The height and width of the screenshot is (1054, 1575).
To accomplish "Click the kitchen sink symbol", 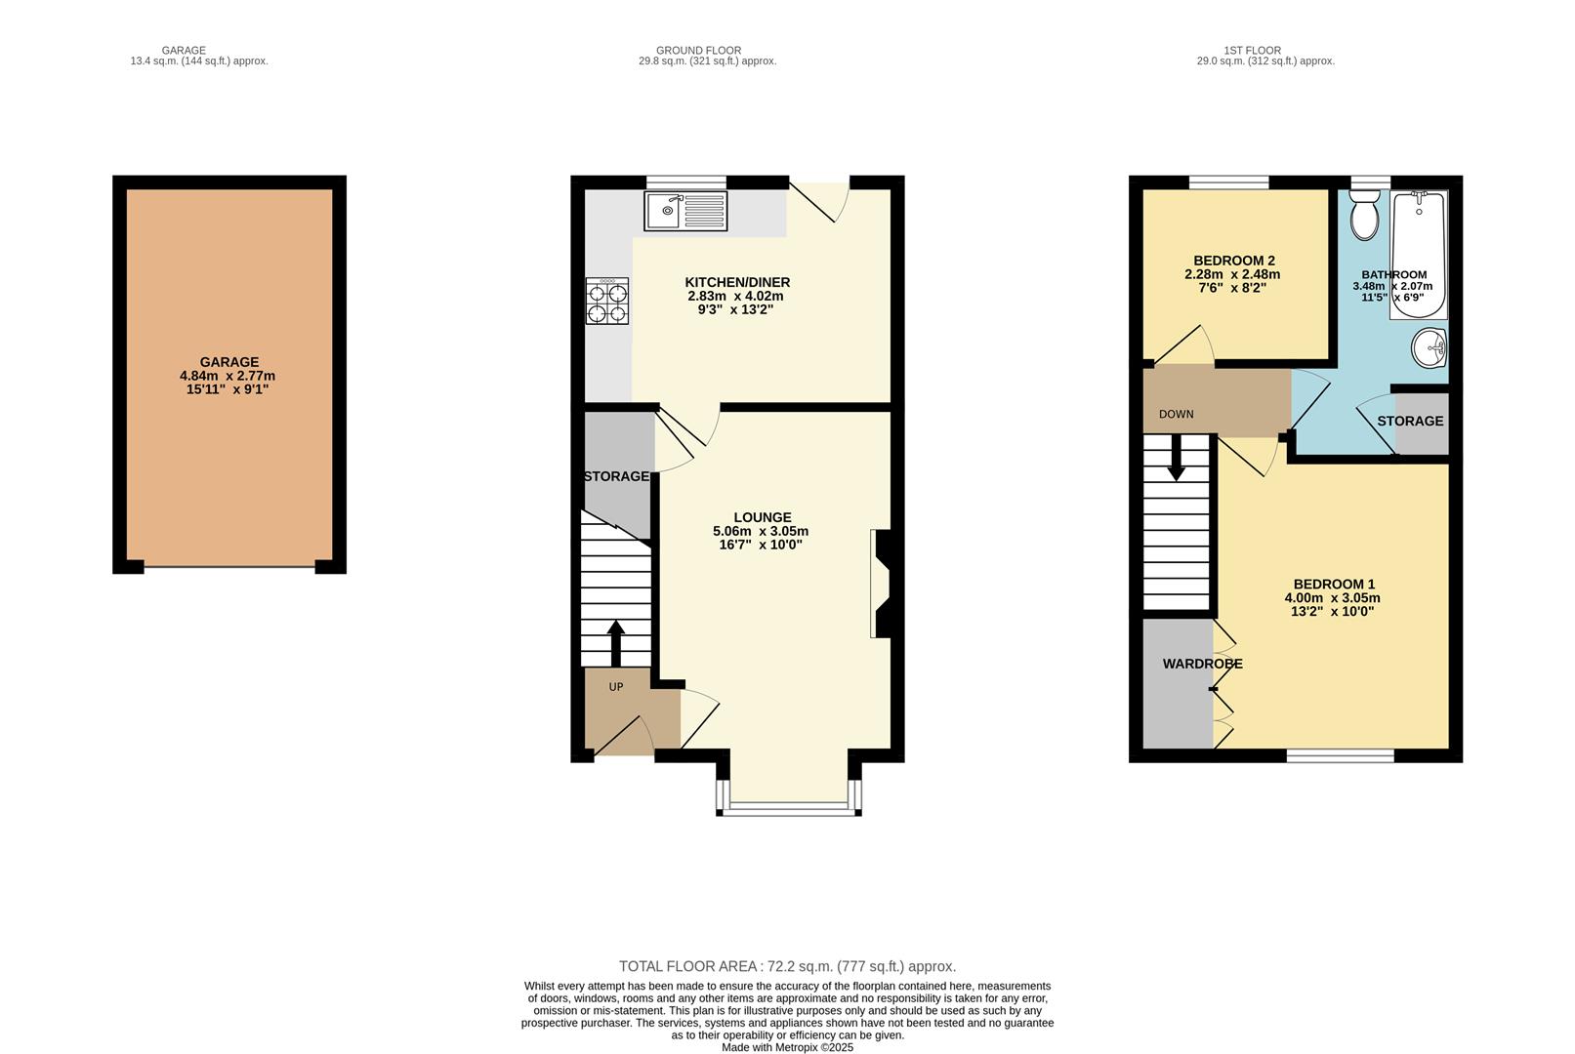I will pyautogui.click(x=685, y=211).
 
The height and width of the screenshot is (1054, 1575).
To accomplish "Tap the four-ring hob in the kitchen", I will pyautogui.click(x=606, y=301).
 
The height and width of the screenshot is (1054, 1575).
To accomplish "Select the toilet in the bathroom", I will pyautogui.click(x=1364, y=215).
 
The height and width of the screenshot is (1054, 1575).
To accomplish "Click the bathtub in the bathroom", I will pyautogui.click(x=1419, y=256).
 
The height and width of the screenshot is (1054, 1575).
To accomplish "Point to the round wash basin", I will pyautogui.click(x=1430, y=348).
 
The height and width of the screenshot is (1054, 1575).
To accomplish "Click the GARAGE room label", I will pyautogui.click(x=229, y=362).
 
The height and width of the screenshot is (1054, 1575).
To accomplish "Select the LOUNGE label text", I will pyautogui.click(x=763, y=517).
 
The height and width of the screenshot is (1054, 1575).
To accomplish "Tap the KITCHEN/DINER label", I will pyautogui.click(x=737, y=282).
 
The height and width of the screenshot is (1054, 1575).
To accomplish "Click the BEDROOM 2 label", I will pyautogui.click(x=1234, y=261).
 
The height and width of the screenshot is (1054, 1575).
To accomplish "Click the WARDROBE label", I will pyautogui.click(x=1202, y=664).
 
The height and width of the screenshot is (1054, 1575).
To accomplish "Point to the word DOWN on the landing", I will pyautogui.click(x=1176, y=414).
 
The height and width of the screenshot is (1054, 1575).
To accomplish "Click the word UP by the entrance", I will pyautogui.click(x=616, y=687).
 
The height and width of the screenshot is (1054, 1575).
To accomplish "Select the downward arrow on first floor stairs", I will pyautogui.click(x=1177, y=457).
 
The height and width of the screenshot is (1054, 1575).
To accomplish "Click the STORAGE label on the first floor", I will pyautogui.click(x=1410, y=421).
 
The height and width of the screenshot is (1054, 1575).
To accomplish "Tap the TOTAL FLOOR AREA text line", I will pyautogui.click(x=787, y=966).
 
